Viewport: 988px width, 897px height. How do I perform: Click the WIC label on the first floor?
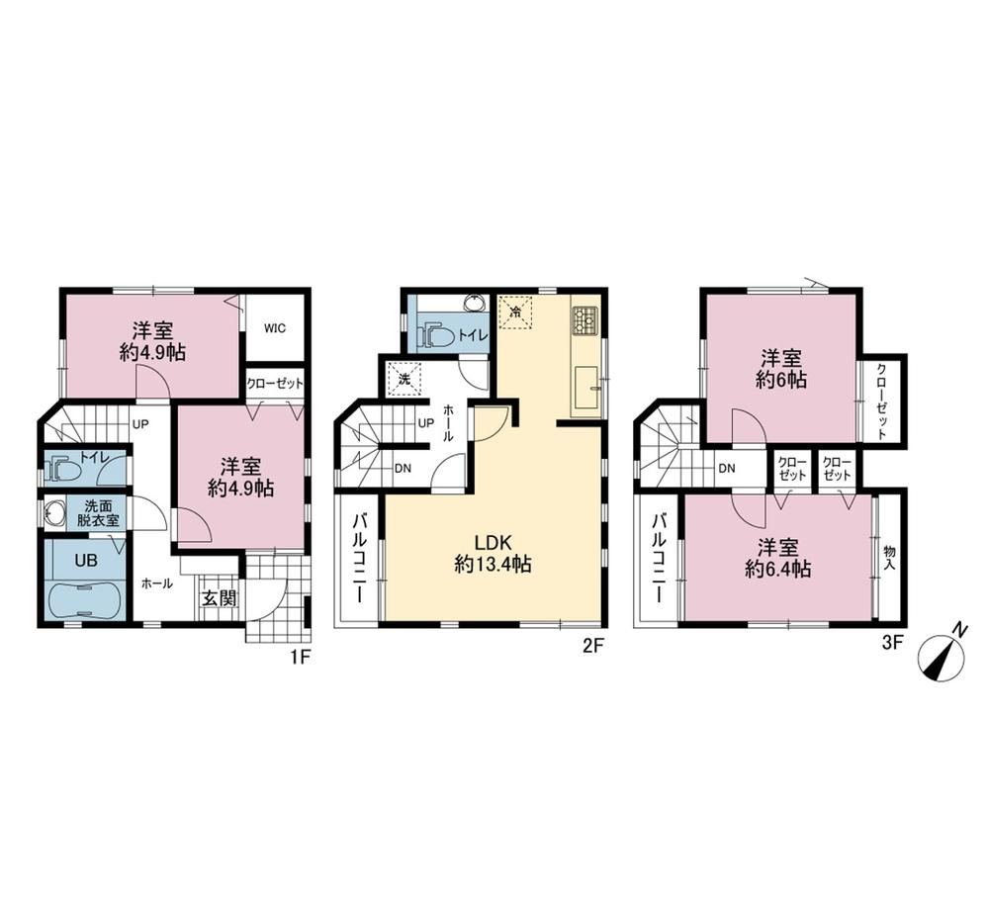point(275,328)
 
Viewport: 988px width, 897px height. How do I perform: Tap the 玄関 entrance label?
point(219,598)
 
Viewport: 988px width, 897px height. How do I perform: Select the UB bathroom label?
point(86,560)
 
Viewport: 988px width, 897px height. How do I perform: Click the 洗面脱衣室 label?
point(98,512)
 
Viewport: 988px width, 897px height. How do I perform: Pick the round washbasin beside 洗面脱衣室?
point(54,513)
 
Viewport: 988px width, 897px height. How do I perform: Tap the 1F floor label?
point(300,658)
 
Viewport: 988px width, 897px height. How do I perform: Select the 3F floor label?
point(893,643)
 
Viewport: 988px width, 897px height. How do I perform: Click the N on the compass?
point(959,629)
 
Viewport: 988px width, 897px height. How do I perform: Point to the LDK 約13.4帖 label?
point(493,553)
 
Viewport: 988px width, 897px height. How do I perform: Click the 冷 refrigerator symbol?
point(516,313)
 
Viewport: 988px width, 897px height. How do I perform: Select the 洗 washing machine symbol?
point(404,378)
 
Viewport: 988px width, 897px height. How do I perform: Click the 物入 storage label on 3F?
point(890,558)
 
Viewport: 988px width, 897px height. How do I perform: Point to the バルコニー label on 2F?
point(360,558)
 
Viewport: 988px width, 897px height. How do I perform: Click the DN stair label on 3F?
point(727,468)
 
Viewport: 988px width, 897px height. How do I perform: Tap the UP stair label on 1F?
point(139,424)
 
